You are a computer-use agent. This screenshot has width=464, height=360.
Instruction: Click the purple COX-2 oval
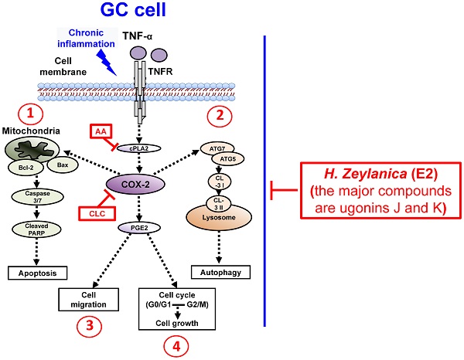(x=138, y=182)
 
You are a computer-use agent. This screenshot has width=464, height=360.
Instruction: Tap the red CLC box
(x=91, y=211)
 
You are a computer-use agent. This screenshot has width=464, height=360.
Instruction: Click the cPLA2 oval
(x=138, y=149)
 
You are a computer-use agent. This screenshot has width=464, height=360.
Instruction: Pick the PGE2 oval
(x=138, y=228)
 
